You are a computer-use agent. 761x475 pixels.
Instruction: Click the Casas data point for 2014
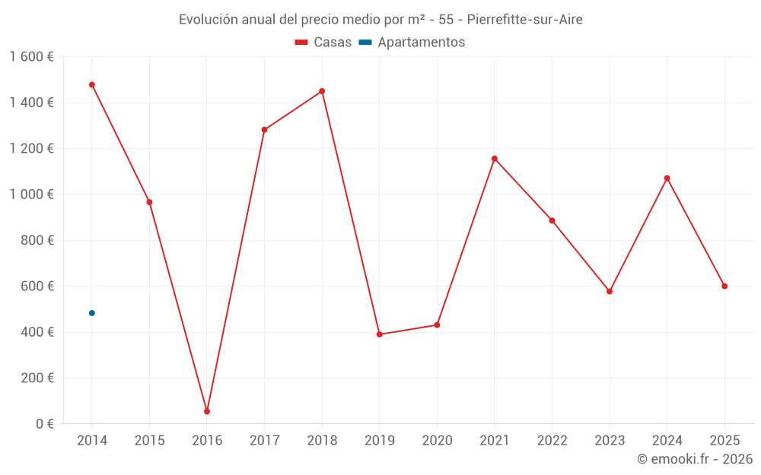[x=92, y=85]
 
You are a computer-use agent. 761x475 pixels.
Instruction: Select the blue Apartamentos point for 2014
[x=92, y=313]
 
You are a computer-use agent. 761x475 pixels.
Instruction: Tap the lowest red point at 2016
[x=207, y=411]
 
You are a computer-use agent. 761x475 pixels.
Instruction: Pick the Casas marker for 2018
[x=322, y=91]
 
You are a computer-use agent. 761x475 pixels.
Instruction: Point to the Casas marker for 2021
[x=495, y=159]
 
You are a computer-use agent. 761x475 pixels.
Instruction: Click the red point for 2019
[x=380, y=334]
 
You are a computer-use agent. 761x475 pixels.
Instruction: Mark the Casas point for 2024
[x=667, y=179]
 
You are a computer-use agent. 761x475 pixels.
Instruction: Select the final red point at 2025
[x=724, y=287]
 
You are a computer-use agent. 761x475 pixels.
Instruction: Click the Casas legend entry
[x=323, y=43]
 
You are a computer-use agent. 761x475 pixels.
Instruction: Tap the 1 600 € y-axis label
[x=31, y=57]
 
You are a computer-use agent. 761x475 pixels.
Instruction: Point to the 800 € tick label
[x=37, y=241]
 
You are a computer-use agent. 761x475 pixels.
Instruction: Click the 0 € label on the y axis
[x=44, y=424]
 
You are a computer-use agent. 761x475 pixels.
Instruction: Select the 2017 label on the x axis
[x=264, y=441]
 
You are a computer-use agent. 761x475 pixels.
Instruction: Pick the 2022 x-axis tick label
[x=552, y=441]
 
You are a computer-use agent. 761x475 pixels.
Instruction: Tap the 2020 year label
[x=437, y=441]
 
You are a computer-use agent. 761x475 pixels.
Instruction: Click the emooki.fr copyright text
[x=695, y=459]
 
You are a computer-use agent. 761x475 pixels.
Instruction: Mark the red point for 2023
[x=610, y=292]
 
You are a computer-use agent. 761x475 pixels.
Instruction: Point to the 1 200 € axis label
[x=31, y=149]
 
